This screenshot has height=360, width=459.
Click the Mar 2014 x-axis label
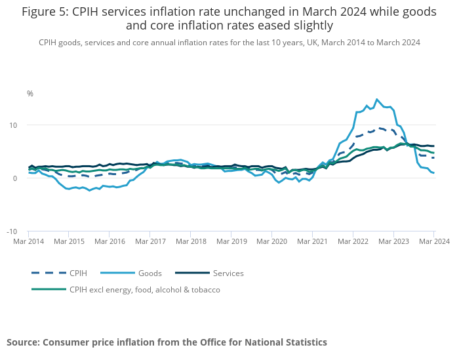click(28, 241)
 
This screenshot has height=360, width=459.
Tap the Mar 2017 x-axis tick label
click(150, 241)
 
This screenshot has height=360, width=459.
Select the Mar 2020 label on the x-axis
click(271, 241)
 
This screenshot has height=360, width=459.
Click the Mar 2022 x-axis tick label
click(353, 241)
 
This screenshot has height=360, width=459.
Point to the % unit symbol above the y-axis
click(30, 94)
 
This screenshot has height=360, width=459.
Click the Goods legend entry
click(149, 273)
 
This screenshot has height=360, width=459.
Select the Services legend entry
click(228, 273)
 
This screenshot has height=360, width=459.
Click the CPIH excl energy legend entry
click(145, 290)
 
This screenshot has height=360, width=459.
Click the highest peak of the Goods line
click(377, 100)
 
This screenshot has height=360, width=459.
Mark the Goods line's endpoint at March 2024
click(433, 173)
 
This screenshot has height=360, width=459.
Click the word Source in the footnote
click(24, 342)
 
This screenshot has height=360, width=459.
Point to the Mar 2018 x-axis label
click(190, 241)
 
